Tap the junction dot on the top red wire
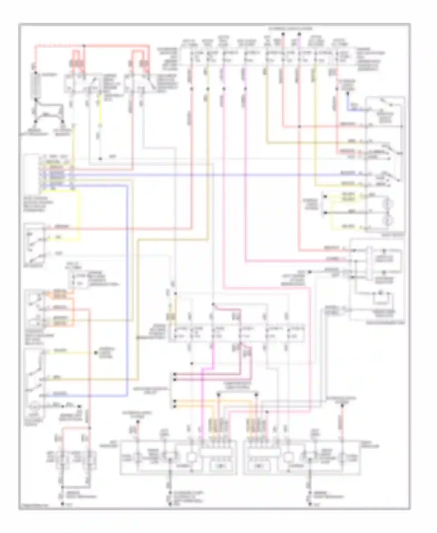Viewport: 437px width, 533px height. (x=84, y=46)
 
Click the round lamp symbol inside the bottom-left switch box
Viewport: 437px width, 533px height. (x=34, y=406)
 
